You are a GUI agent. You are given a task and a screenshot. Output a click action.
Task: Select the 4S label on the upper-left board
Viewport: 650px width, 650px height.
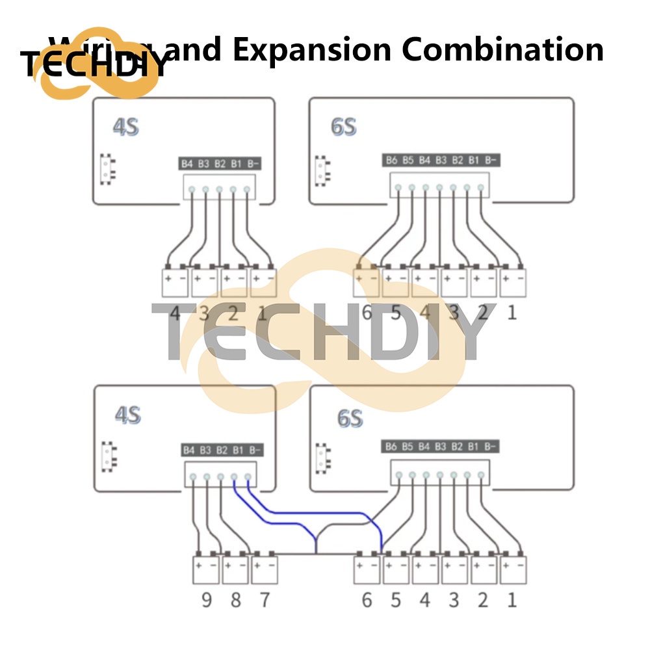125,127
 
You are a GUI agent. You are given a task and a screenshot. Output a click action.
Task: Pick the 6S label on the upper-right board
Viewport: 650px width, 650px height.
343,127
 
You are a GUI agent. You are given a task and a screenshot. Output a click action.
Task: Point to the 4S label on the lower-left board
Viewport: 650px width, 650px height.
127,415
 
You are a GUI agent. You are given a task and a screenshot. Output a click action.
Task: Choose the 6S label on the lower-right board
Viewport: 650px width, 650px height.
349,418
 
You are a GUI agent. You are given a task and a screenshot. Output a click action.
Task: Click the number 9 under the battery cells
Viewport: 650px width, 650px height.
207,599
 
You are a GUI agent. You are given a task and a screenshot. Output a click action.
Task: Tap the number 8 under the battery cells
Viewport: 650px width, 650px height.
235,599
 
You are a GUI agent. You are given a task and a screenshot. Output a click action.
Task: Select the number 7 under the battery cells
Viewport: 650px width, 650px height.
265,599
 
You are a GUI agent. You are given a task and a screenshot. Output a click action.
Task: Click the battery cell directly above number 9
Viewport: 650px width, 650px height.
207,569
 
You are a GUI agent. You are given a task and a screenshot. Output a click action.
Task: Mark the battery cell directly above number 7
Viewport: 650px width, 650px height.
265,569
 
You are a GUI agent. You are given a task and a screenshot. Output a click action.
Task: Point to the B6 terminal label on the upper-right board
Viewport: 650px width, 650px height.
391,160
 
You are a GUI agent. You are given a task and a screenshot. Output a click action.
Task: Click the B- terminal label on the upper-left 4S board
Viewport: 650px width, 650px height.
254,163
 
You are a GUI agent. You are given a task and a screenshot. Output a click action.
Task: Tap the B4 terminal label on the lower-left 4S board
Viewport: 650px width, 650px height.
188,450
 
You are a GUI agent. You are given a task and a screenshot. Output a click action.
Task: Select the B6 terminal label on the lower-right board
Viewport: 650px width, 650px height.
391,447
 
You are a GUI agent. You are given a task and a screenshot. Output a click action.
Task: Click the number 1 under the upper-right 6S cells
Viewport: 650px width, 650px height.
512,313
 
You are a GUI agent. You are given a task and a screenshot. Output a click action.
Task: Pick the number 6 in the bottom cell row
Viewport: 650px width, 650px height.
367,599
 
